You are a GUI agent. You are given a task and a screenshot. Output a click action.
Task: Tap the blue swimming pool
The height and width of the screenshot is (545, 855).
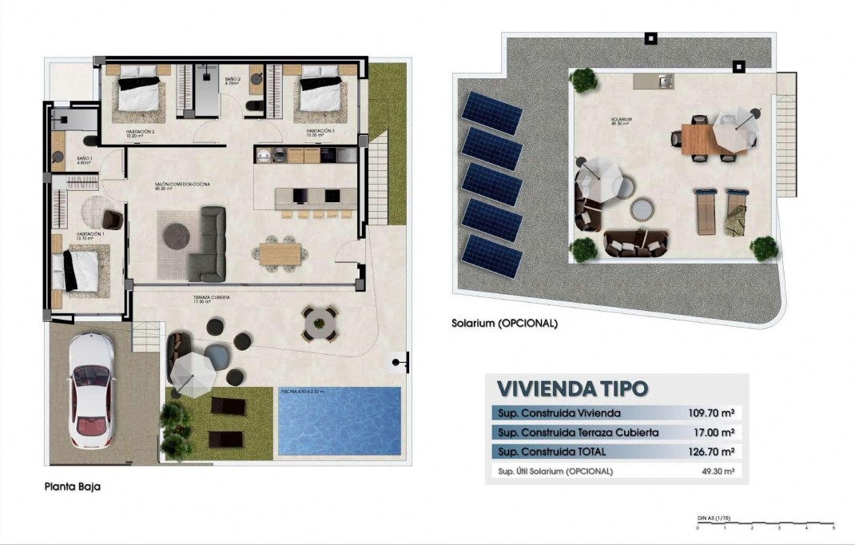pos(339,420)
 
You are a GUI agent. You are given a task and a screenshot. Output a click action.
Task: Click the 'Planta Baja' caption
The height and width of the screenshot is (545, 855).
pos(73,486)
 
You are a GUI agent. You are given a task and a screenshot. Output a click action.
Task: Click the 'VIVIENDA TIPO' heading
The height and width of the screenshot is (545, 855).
pos(572,389)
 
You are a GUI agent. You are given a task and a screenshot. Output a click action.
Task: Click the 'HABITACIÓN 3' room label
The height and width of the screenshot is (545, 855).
pos(320,129)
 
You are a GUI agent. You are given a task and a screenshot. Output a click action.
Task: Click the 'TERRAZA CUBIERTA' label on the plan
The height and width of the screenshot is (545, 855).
pos(211,297)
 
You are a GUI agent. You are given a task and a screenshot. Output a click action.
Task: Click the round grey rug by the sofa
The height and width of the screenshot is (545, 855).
pos(177,235)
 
